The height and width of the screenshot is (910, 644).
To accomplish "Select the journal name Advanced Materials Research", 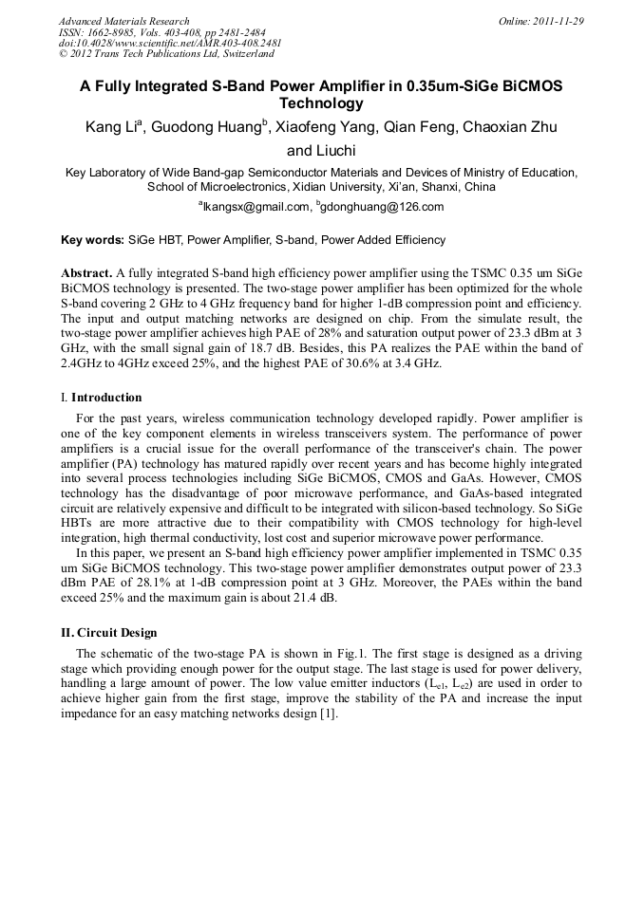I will coord(123,21).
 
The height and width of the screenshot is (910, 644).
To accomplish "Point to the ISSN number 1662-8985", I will coord(118,32).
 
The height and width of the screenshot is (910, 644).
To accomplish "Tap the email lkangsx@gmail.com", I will coord(256,207).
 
